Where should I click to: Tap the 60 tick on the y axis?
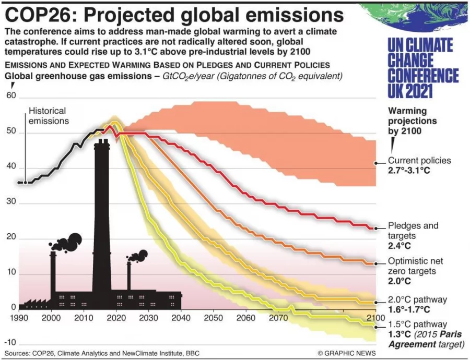(11, 96)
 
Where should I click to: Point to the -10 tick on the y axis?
(11, 342)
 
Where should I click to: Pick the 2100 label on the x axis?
(374, 318)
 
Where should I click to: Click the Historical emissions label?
(48, 116)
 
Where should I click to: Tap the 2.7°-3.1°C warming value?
(412, 171)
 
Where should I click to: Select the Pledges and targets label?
(413, 231)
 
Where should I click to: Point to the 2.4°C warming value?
(399, 245)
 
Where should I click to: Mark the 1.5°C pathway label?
(417, 324)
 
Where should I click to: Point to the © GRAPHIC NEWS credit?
(346, 353)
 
